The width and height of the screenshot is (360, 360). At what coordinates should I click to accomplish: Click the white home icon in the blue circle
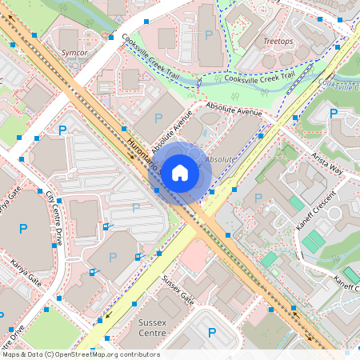pyautogui.click(x=180, y=172)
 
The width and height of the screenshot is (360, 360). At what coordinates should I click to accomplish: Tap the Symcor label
pyautogui.click(x=74, y=52)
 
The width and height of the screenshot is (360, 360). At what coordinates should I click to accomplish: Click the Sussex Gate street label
pyautogui.click(x=178, y=290)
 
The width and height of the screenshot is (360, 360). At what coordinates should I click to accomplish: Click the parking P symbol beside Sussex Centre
pyautogui.click(x=211, y=334)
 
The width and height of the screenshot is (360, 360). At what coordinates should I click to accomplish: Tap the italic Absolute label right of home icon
pyautogui.click(x=221, y=160)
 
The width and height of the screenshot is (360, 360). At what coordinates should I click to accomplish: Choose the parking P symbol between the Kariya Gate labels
pyautogui.click(x=22, y=229)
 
